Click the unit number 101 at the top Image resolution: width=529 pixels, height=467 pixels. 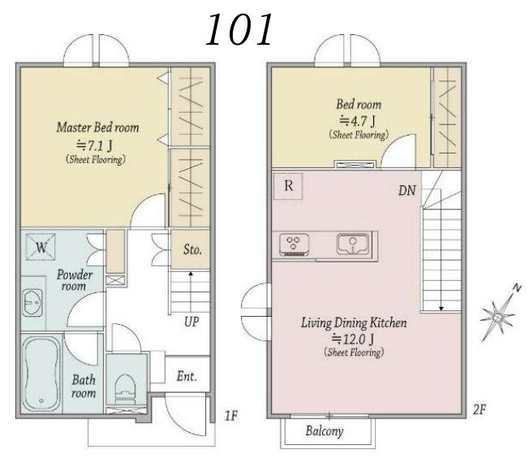click(x=239, y=30)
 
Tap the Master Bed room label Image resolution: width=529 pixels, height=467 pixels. click(x=97, y=128)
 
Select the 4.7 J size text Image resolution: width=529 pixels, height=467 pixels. click(x=357, y=120)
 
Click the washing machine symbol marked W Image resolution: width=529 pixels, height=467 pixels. click(x=41, y=247)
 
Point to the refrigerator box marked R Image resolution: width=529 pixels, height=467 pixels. click(x=288, y=186)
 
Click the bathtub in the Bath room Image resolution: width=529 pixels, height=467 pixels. click(x=41, y=374)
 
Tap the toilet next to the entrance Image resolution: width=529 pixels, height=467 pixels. click(x=125, y=389)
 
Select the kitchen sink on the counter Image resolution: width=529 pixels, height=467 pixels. click(x=354, y=244)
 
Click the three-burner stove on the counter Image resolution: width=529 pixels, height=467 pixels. click(x=294, y=244)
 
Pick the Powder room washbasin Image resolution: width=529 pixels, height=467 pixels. click(x=32, y=303)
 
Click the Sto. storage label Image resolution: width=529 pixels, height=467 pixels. click(x=192, y=250)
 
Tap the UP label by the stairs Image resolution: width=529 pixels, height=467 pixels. click(x=191, y=322)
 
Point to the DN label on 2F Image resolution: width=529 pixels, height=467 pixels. click(x=406, y=191)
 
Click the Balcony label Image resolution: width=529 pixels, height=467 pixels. click(x=325, y=431)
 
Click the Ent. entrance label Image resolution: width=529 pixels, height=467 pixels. click(x=187, y=376)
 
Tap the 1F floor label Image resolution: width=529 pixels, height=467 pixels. click(x=231, y=416)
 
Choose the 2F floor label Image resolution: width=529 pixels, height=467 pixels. click(x=479, y=409)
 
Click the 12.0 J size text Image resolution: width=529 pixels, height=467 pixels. click(x=353, y=339)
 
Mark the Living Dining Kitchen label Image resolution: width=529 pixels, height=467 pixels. click(x=354, y=323)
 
